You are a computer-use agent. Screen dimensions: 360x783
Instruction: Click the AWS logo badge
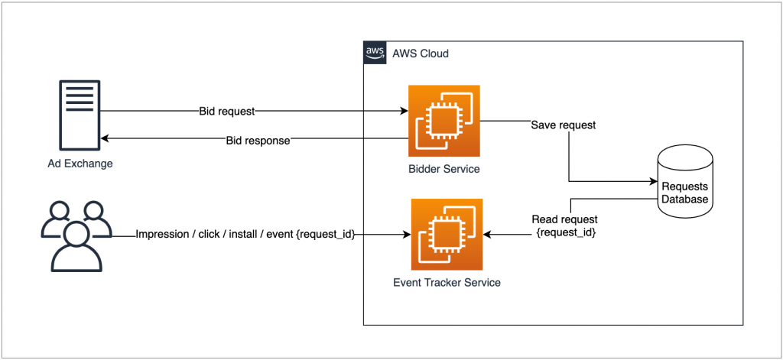(374, 54)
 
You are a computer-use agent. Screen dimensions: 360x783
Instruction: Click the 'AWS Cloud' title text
(420, 54)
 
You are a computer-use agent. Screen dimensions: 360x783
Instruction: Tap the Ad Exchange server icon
(79, 114)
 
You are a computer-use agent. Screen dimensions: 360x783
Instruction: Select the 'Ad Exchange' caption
(79, 164)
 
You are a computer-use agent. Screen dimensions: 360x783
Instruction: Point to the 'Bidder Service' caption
(443, 169)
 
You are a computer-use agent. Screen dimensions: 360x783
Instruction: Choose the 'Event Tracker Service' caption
(447, 282)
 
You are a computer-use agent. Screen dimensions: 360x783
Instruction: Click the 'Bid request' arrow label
(226, 112)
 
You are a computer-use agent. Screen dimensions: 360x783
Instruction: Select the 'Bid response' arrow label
(258, 141)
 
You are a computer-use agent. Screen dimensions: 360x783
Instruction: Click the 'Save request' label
(564, 125)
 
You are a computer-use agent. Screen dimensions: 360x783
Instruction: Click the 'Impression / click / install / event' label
(245, 235)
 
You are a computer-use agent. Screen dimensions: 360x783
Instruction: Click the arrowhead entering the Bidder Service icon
(403, 112)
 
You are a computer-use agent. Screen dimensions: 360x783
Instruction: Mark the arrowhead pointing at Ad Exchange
(106, 139)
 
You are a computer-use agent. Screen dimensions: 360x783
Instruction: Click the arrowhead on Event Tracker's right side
(488, 235)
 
